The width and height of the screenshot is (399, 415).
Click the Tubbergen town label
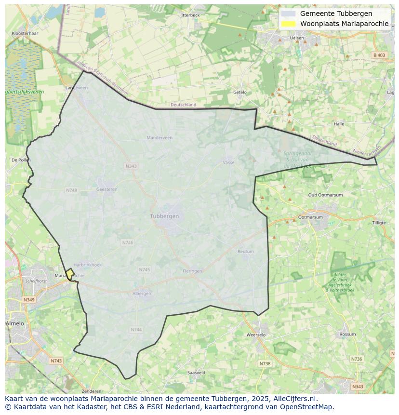click(164, 216)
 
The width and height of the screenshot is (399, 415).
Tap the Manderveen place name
click(160, 138)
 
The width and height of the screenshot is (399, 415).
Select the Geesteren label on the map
click(107, 189)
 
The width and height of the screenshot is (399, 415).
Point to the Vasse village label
click(228, 163)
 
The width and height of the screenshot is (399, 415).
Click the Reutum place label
click(246, 252)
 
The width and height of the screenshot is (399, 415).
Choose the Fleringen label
click(193, 271)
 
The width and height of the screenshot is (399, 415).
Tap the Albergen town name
click(142, 294)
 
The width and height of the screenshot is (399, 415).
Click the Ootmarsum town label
click(310, 217)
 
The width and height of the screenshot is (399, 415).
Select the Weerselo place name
click(256, 335)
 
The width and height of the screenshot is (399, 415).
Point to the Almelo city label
click(14, 323)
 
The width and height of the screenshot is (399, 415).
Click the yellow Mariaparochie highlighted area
click(70, 274)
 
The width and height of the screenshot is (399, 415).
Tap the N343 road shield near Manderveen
click(131, 166)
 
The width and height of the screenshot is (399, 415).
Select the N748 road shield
click(71, 190)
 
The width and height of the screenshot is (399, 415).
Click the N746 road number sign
click(128, 243)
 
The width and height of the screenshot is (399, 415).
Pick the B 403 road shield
click(379, 55)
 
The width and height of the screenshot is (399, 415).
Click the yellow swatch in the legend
click(288, 24)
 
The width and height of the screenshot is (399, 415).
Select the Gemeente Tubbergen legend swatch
click(288, 14)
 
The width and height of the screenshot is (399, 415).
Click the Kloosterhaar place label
click(25, 34)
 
